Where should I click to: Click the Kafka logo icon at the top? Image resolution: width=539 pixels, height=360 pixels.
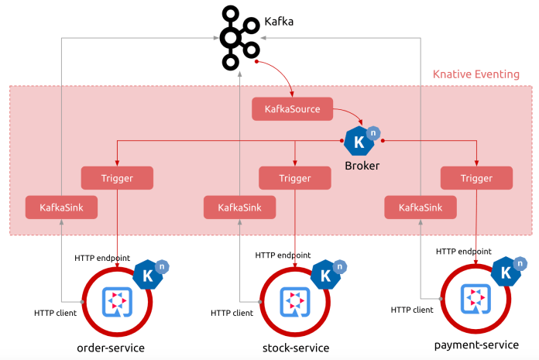[x=237, y=36]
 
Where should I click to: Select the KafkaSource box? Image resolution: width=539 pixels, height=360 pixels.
[x=291, y=109]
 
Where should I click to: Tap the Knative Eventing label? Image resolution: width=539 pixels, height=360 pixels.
[x=475, y=74]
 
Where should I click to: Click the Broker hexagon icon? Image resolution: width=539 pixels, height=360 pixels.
[x=359, y=141]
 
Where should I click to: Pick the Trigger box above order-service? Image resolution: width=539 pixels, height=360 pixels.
[x=117, y=178]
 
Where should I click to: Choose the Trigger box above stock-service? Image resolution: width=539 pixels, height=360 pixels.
[x=295, y=178]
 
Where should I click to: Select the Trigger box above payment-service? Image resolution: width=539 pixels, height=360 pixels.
[x=476, y=178]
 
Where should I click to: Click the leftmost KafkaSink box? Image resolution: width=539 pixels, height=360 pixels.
[x=61, y=207]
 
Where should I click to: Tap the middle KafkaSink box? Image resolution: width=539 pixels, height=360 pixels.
[x=239, y=207]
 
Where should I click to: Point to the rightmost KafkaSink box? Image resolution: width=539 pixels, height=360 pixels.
[x=421, y=207]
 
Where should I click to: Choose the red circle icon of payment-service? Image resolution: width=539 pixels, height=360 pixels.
[x=473, y=298]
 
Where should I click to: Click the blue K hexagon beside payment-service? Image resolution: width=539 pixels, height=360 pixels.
[x=506, y=272]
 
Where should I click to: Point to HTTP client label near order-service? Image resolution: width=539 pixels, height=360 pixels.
[x=54, y=313]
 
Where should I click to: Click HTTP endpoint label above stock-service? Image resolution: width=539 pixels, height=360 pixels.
[x=283, y=255]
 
